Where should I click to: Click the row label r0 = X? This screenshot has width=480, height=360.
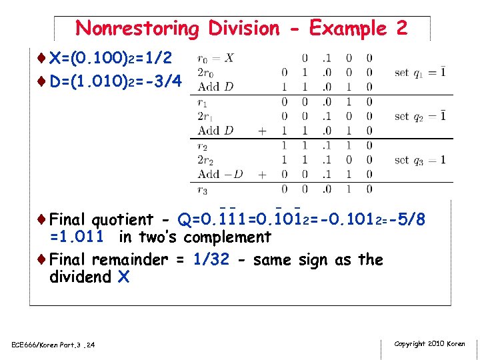[x=215, y=58]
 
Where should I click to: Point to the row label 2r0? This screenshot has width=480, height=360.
[x=205, y=73]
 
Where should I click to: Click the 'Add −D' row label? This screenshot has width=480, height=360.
[x=221, y=175]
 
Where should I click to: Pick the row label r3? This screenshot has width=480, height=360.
[x=202, y=189]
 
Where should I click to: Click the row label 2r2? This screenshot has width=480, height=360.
[x=205, y=160]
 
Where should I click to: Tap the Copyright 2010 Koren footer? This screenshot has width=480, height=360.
[x=429, y=344]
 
